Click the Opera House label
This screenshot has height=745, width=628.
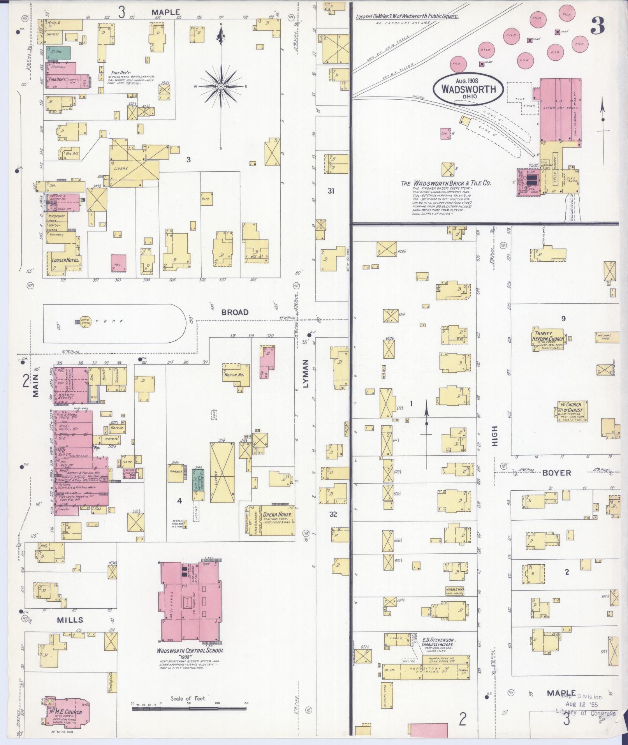(x=277, y=514)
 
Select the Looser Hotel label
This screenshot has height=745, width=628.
(x=65, y=260)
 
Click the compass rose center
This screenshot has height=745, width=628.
(x=221, y=86)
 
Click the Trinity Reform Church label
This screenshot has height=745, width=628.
(x=549, y=336)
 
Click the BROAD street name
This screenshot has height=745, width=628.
(x=234, y=312)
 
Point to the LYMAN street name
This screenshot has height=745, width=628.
(x=305, y=374)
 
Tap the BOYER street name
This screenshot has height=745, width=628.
(x=557, y=473)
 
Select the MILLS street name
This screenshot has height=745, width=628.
(x=70, y=620)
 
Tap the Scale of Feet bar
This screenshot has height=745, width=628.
(x=190, y=708)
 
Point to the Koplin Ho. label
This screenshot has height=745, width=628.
(x=235, y=375)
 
